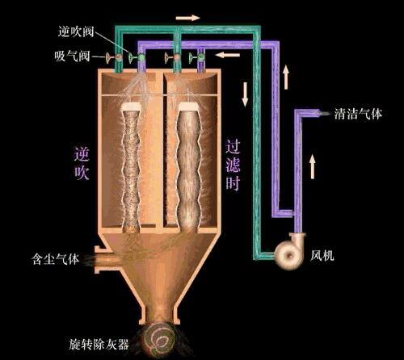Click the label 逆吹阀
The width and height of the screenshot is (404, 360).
76,31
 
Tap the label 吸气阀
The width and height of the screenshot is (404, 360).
72,57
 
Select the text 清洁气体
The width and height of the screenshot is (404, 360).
358,114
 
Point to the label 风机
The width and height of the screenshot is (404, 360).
322,255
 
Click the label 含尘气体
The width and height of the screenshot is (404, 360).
55,259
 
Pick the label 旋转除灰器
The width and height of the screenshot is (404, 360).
99,344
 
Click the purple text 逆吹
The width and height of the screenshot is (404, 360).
82,163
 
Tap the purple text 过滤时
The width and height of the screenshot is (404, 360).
233,165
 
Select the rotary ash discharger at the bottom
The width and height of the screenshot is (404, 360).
159,340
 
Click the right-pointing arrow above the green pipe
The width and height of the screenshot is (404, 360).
187,18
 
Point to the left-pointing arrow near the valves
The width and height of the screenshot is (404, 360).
228,55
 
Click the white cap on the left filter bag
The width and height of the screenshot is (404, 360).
131,107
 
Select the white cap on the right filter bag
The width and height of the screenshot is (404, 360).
188,107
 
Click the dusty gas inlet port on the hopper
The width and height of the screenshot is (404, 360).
103,259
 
